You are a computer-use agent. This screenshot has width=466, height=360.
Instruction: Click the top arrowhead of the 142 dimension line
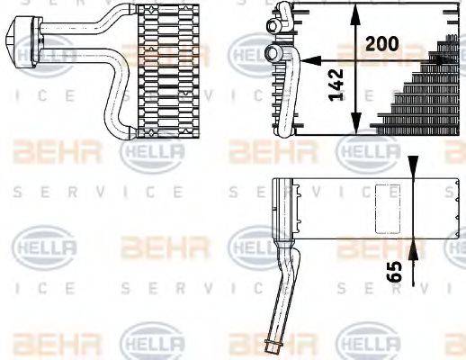pyautogui.click(x=356, y=11)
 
